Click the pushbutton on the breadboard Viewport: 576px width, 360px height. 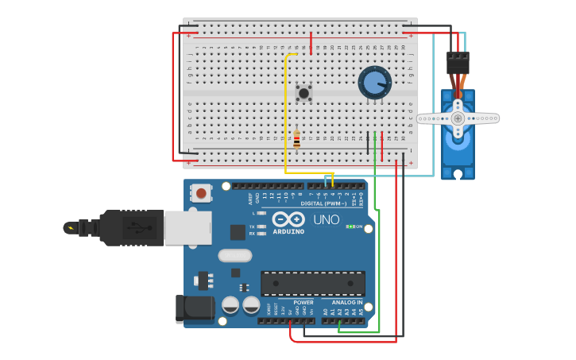coord(303,93)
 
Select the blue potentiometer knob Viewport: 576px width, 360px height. coord(374,83)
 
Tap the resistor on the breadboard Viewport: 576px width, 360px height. coord(296,140)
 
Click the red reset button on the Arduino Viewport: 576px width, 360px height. coord(202,192)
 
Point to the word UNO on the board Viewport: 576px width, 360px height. coord(326,220)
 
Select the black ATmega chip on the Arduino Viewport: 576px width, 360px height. coord(313,283)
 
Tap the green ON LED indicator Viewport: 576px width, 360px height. coord(350,226)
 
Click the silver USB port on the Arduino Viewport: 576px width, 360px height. coord(187,227)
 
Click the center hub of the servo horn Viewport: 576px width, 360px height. coord(458,118)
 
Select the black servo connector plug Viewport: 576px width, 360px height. coord(458,63)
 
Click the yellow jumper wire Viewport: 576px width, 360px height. coord(285,119)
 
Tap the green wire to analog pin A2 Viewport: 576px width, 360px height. coord(377,262)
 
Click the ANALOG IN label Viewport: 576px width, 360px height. coord(346,303)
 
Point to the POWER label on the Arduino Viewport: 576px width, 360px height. coord(303,303)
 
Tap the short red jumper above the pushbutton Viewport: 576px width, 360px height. coord(311,41)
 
